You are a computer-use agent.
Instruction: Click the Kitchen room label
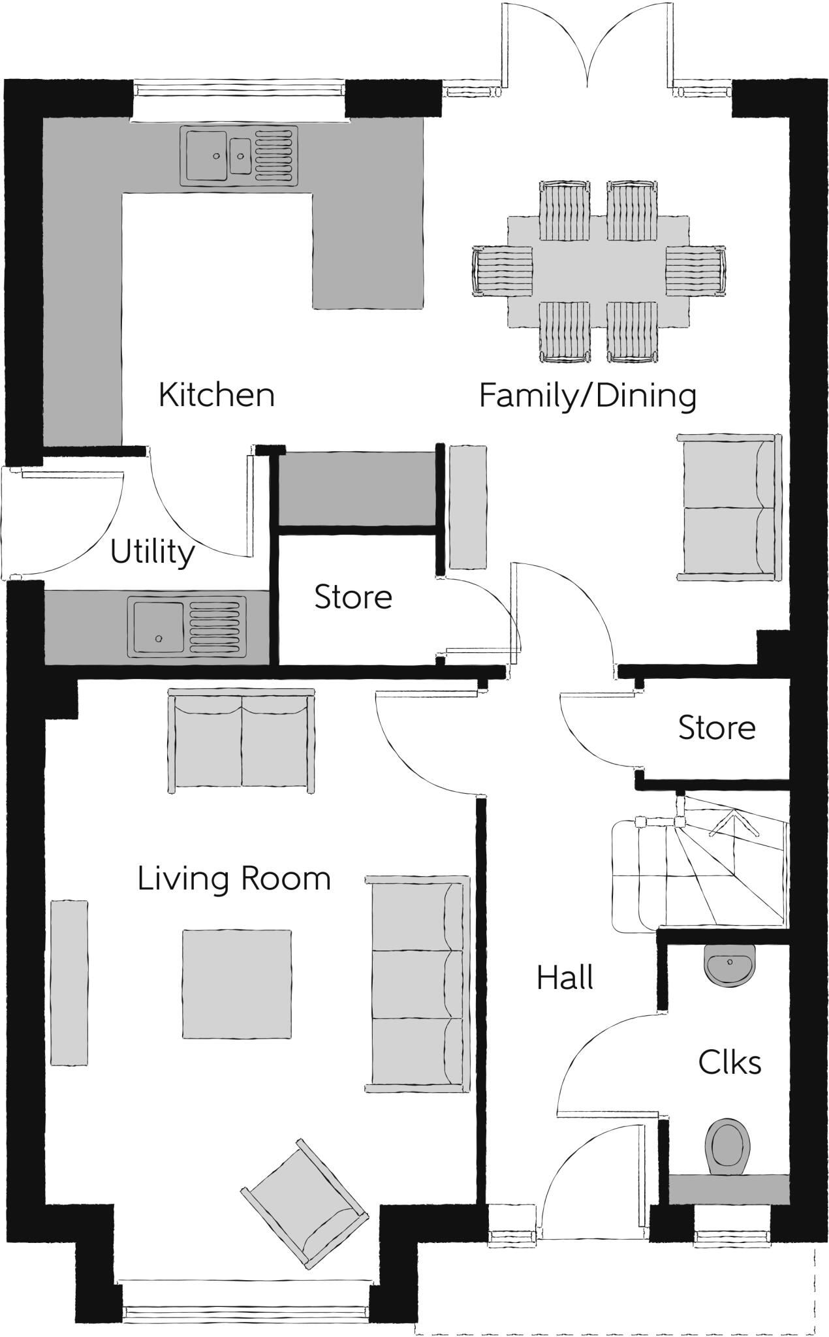click(217, 396)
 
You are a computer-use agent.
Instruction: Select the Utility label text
click(152, 553)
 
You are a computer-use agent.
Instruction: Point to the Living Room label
click(234, 879)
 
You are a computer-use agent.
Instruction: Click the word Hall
click(565, 978)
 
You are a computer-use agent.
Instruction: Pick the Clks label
click(730, 1062)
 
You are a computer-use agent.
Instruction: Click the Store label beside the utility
click(353, 597)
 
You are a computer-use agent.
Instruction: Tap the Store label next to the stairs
click(717, 728)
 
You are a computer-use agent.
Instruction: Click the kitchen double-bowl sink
click(241, 155)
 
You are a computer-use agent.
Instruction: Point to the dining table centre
click(599, 272)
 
